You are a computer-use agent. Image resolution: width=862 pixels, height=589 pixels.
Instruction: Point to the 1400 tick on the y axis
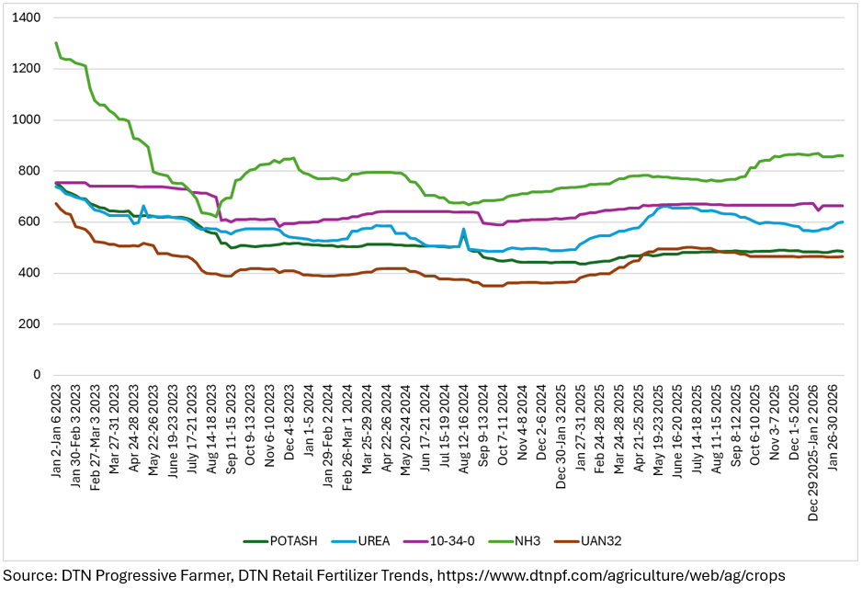point(28,17)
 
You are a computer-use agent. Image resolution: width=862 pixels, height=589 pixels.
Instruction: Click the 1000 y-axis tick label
point(28,119)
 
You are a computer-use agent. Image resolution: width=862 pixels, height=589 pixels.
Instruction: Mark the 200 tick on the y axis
point(31,324)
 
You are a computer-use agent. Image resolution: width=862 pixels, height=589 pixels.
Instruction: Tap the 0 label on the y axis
point(37,375)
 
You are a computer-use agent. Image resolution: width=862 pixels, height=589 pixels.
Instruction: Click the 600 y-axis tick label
point(31,222)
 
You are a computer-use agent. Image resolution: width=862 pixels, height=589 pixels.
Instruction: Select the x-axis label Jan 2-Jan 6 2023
point(57,431)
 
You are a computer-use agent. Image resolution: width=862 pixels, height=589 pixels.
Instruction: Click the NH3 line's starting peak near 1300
point(56,42)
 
